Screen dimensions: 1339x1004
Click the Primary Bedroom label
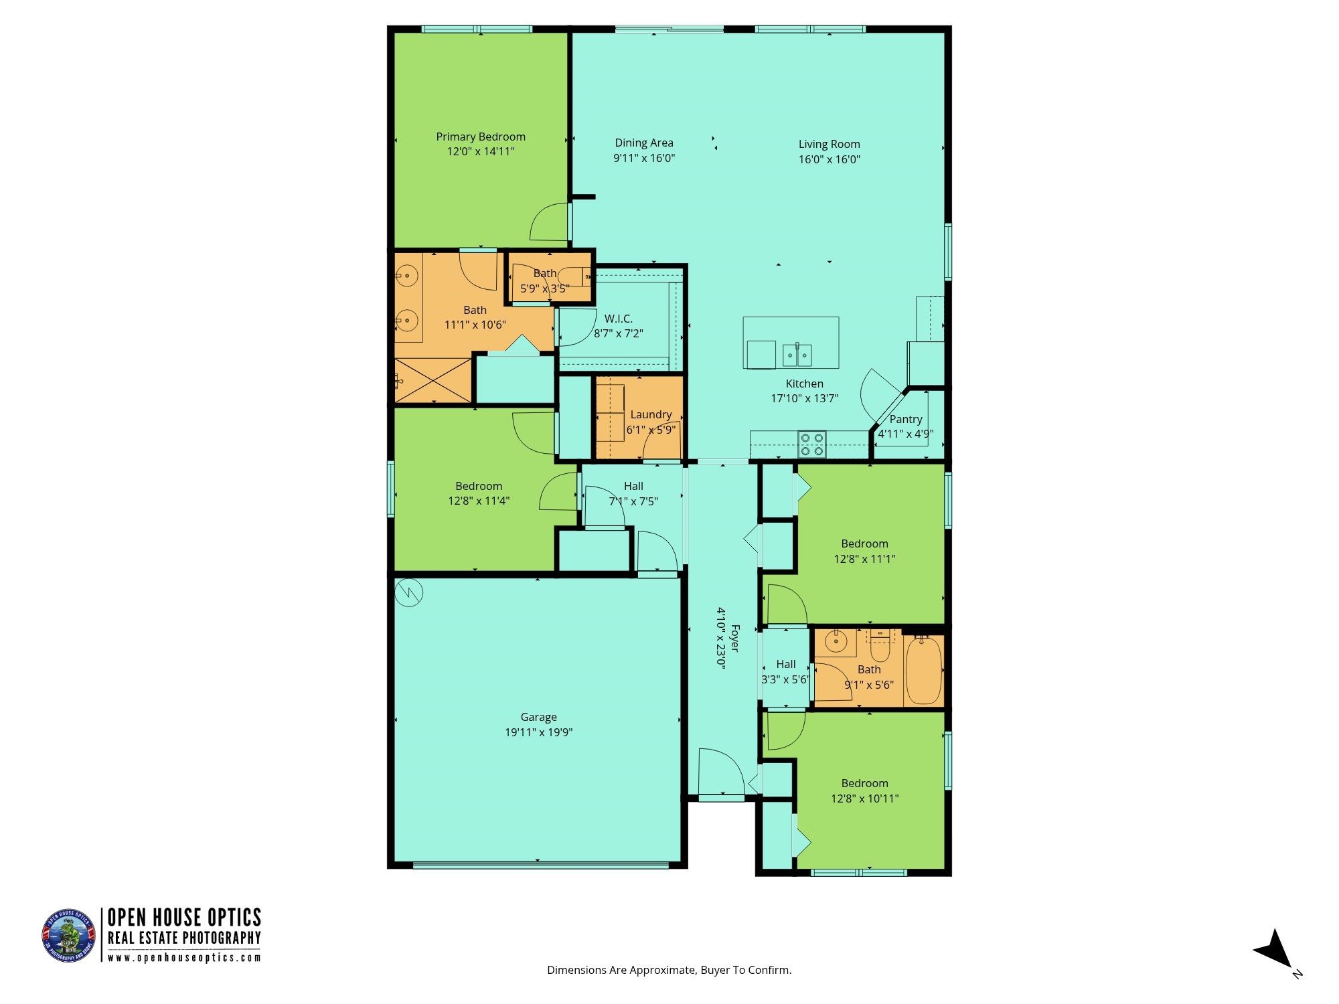tap(481, 137)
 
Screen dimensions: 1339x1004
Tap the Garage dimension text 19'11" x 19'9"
tap(538, 732)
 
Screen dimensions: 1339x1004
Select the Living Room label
tap(829, 144)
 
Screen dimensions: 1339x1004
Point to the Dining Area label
tap(644, 143)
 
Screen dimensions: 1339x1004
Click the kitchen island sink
tap(797, 355)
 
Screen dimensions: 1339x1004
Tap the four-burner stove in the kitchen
tap(812, 444)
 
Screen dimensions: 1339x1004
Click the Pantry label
tap(906, 419)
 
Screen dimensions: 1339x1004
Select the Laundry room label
tap(651, 415)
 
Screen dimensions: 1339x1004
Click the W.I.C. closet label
tap(618, 319)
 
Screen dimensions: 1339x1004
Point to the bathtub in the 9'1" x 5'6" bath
tap(923, 671)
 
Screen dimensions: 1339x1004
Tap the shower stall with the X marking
tap(434, 380)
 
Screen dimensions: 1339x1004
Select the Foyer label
tap(734, 638)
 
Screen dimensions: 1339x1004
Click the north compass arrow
tap(1273, 949)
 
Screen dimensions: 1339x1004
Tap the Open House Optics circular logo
tap(69, 936)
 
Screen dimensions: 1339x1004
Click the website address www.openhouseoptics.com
tap(184, 958)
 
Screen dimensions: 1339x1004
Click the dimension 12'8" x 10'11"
tap(864, 799)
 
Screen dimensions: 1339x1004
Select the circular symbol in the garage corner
tap(408, 592)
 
